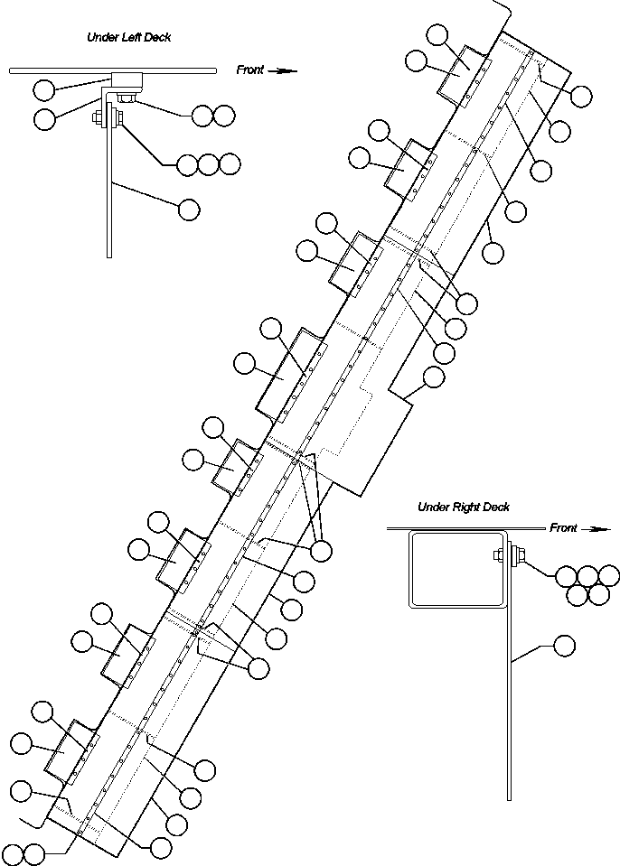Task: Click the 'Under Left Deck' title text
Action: pyautogui.click(x=128, y=37)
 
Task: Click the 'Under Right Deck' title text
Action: pyautogui.click(x=463, y=507)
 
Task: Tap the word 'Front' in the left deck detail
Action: pyautogui.click(x=250, y=69)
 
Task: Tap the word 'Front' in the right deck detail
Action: pyautogui.click(x=563, y=528)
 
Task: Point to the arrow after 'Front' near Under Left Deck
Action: pyautogui.click(x=284, y=70)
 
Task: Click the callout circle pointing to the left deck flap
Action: pyautogui.click(x=189, y=210)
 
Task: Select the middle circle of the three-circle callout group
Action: pyautogui.click(x=209, y=164)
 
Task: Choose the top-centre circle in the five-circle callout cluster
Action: pyautogui.click(x=587, y=575)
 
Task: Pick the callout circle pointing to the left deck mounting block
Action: pyautogui.click(x=42, y=88)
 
